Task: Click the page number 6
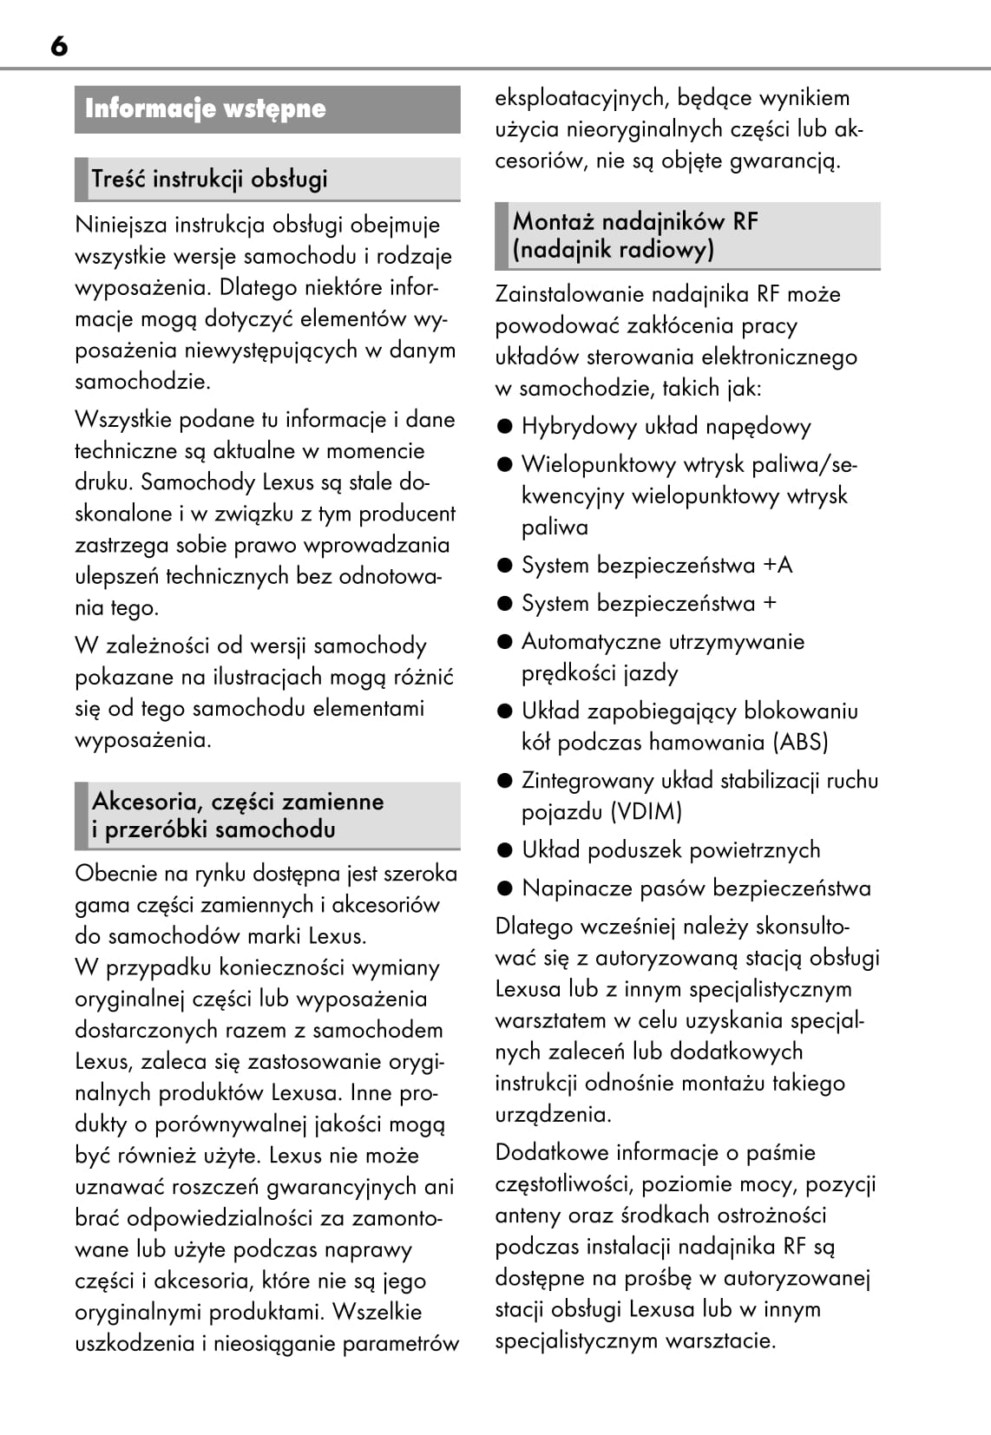pos(59,45)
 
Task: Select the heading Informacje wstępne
pos(205,109)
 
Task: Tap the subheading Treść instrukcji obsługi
pos(209,179)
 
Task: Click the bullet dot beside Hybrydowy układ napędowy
pos(505,426)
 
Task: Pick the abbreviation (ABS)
pos(800,743)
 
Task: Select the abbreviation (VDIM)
pos(646,812)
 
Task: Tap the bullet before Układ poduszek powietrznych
pos(505,850)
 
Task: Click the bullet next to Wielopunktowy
pos(505,464)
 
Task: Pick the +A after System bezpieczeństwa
pos(778,566)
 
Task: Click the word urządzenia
pos(553,1114)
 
